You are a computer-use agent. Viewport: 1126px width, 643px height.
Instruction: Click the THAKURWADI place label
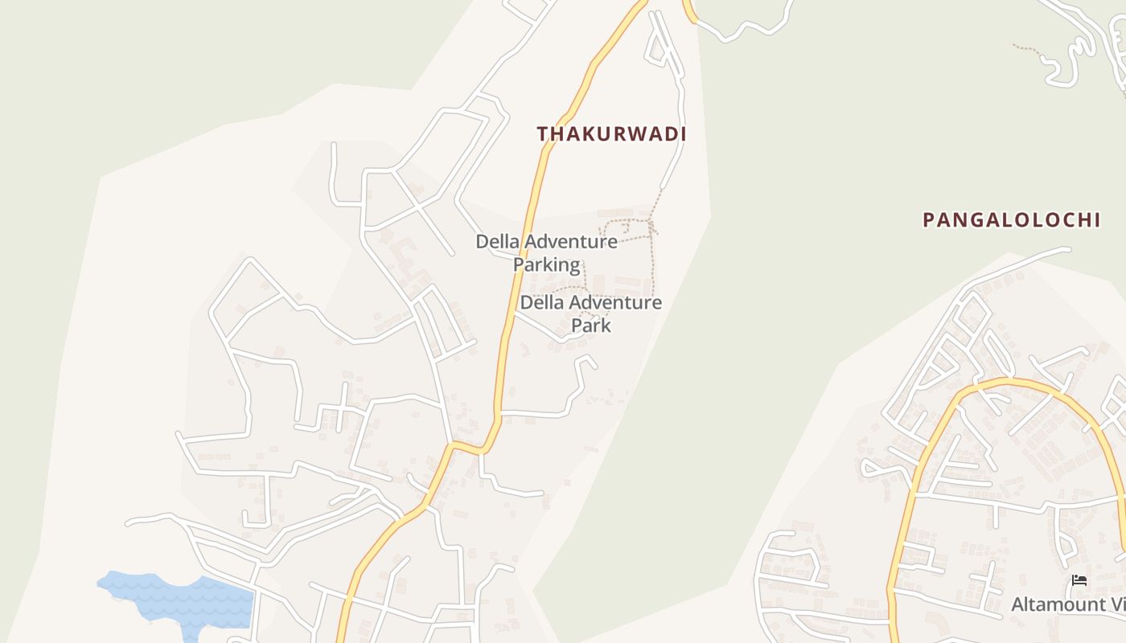pos(611,134)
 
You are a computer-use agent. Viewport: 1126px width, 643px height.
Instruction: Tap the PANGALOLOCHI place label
pos(1011,219)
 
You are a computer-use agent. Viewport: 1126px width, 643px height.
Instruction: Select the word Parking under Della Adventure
pos(546,264)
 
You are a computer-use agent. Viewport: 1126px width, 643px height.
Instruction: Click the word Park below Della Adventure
pos(591,326)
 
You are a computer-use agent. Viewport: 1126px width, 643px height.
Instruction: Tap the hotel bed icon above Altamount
pos(1079,580)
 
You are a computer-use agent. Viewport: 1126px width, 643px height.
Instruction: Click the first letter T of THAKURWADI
pos(542,134)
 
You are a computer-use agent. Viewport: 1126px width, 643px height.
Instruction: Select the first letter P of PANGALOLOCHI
pos(928,219)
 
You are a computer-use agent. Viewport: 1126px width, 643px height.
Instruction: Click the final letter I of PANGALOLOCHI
pos(1095,219)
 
